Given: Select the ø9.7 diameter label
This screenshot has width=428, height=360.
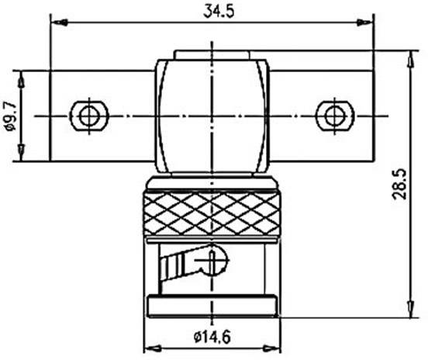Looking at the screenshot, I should pos(9,116).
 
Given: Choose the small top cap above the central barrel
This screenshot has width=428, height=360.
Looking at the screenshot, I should pos(212,54).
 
